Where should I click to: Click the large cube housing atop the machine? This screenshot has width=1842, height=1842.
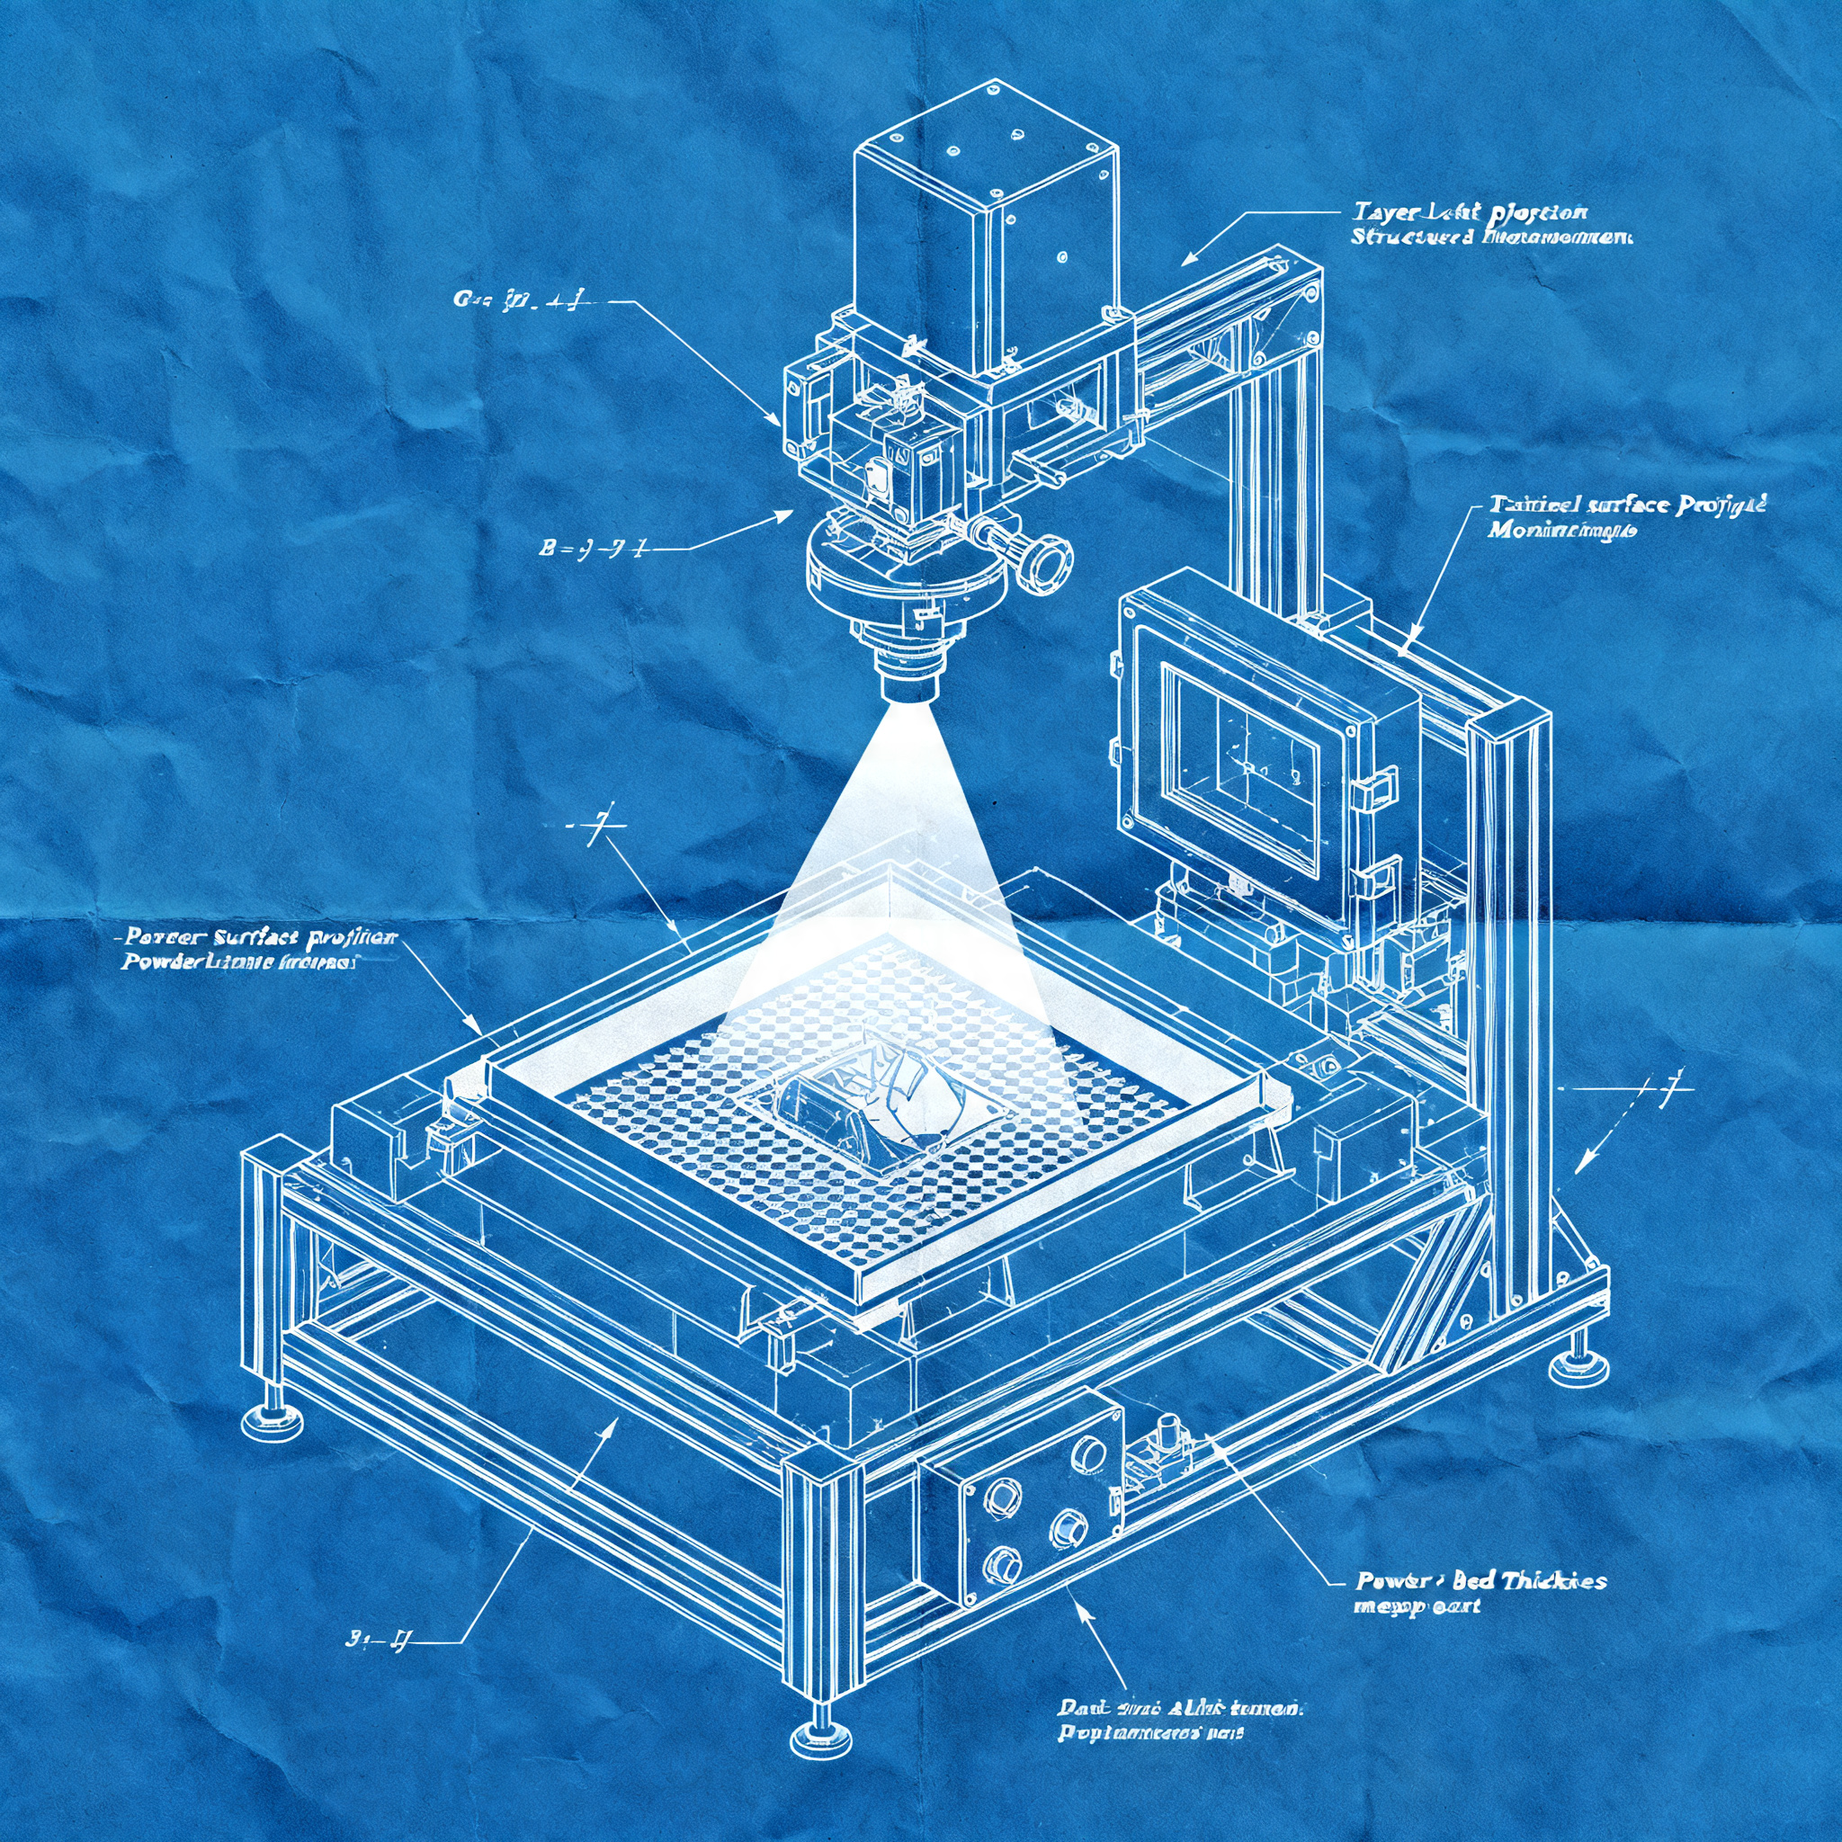pos(982,228)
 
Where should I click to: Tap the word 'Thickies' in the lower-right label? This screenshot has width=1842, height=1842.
pos(1553,1581)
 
